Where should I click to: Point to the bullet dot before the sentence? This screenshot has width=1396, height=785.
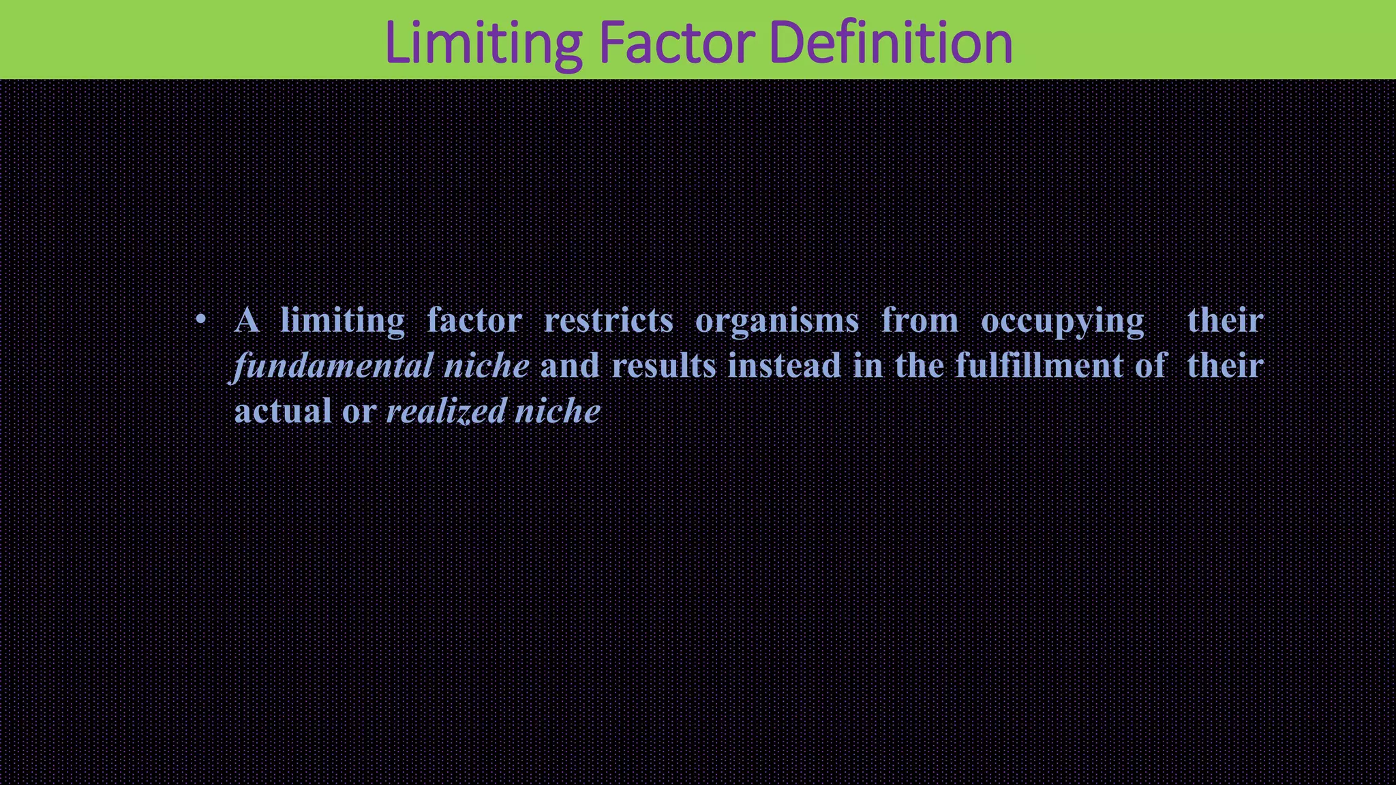pyautogui.click(x=200, y=320)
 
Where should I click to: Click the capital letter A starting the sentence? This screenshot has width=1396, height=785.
pyautogui.click(x=247, y=320)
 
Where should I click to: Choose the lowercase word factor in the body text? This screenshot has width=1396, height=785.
pyautogui.click(x=474, y=320)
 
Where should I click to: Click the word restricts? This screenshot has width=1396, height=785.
pyautogui.click(x=608, y=320)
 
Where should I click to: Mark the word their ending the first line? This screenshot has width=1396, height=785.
pyautogui.click(x=1225, y=320)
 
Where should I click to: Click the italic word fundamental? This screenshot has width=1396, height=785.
pyautogui.click(x=334, y=366)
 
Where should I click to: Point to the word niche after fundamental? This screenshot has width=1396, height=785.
pyautogui.click(x=486, y=366)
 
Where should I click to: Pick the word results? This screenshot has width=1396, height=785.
pyautogui.click(x=663, y=366)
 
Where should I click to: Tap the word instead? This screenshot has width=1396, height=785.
pyautogui.click(x=784, y=366)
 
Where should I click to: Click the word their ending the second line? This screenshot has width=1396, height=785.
pyautogui.click(x=1225, y=366)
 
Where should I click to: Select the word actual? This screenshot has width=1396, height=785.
pyautogui.click(x=283, y=411)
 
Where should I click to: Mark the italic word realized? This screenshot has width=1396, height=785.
pyautogui.click(x=446, y=412)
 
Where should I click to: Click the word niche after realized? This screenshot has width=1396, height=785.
pyautogui.click(x=557, y=412)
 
